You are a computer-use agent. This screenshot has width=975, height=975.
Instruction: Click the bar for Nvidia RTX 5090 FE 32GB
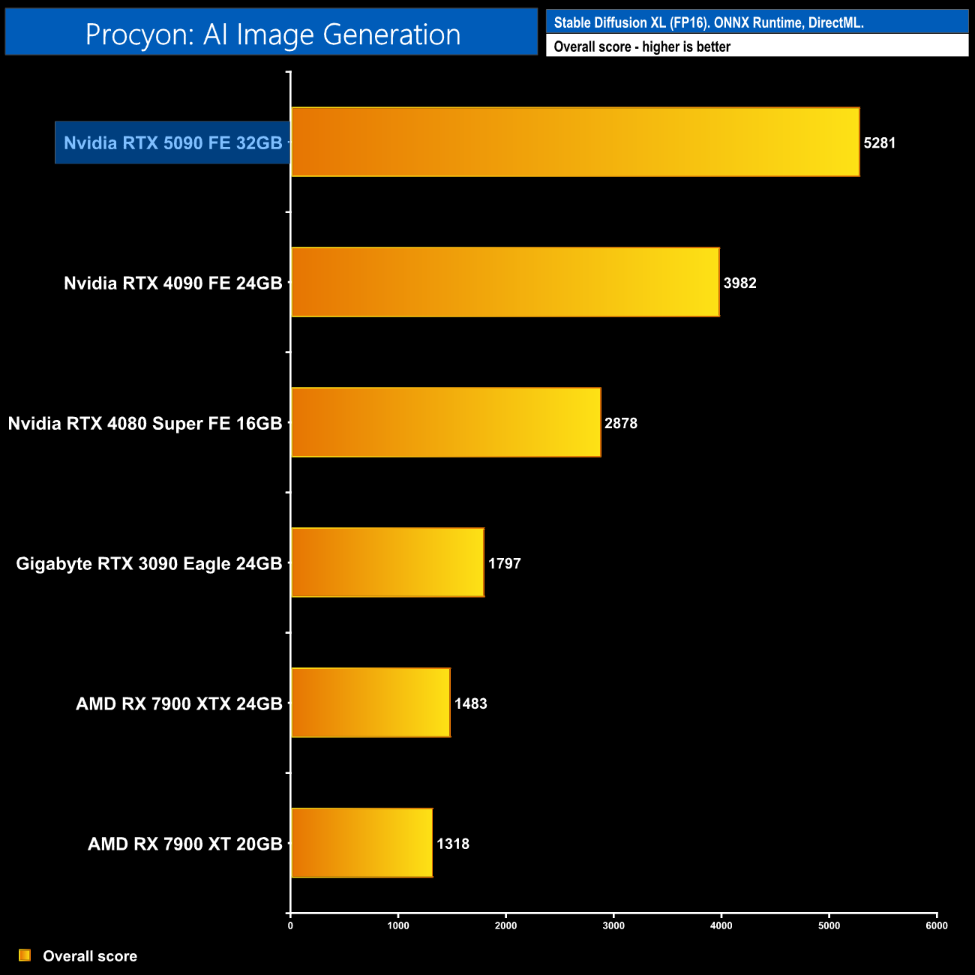(575, 142)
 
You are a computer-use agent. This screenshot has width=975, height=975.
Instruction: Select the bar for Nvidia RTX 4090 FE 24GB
(505, 282)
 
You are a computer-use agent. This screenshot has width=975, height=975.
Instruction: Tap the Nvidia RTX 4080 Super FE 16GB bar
(445, 422)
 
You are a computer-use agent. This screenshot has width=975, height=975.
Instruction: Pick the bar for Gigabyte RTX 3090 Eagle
(387, 562)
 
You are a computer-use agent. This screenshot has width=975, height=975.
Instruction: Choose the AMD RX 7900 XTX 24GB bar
(370, 703)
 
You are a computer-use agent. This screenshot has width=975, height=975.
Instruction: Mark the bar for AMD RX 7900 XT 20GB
(361, 843)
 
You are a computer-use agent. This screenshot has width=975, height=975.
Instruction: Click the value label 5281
(880, 142)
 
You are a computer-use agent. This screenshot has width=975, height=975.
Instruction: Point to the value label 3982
(739, 283)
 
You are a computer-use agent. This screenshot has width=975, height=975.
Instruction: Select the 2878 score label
(621, 423)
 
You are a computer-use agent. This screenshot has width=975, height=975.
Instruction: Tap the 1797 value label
(504, 563)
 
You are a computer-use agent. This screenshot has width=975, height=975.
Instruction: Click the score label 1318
(453, 844)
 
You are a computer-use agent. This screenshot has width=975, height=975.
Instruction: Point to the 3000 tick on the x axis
(613, 925)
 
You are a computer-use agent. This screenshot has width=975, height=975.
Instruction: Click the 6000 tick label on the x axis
(937, 925)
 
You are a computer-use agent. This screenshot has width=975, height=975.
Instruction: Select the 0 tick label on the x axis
(290, 925)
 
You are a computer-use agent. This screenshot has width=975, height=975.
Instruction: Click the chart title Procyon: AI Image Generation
(272, 34)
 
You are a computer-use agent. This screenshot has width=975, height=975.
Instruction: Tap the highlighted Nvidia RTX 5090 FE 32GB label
(172, 142)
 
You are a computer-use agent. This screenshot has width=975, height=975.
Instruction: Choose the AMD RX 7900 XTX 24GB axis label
(178, 703)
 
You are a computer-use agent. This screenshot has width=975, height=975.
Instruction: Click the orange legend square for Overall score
(25, 955)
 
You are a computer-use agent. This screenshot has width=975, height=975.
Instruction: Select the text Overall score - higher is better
(642, 46)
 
